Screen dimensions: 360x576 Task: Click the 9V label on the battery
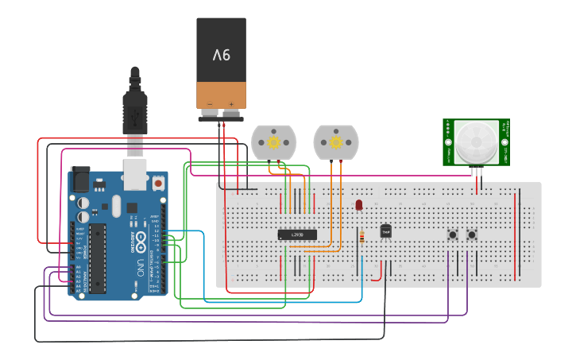(221, 55)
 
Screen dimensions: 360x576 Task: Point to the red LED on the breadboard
(359, 205)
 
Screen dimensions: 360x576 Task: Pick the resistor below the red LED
(363, 236)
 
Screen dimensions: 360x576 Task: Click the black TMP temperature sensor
(386, 231)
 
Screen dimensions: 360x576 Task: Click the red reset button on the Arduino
(158, 183)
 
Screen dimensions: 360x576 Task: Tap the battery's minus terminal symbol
(210, 103)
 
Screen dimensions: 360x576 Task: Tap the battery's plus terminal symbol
(231, 103)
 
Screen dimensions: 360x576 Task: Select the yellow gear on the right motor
(335, 142)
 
